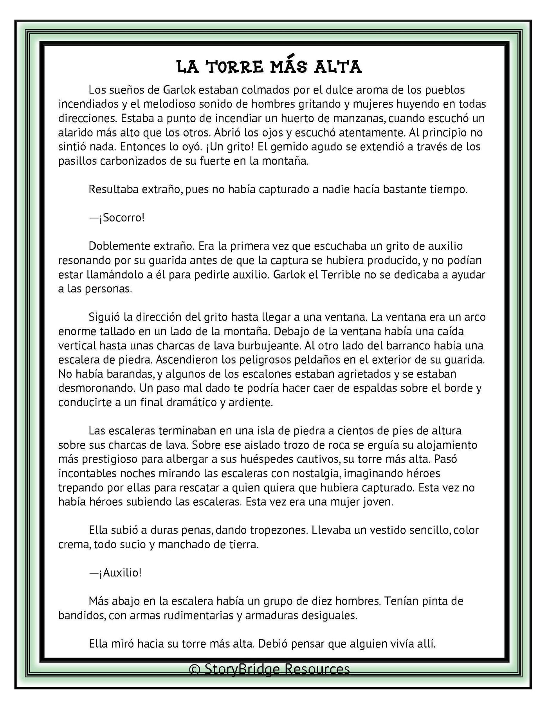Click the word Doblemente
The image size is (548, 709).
point(115,246)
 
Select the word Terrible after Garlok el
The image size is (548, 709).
point(341,274)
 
